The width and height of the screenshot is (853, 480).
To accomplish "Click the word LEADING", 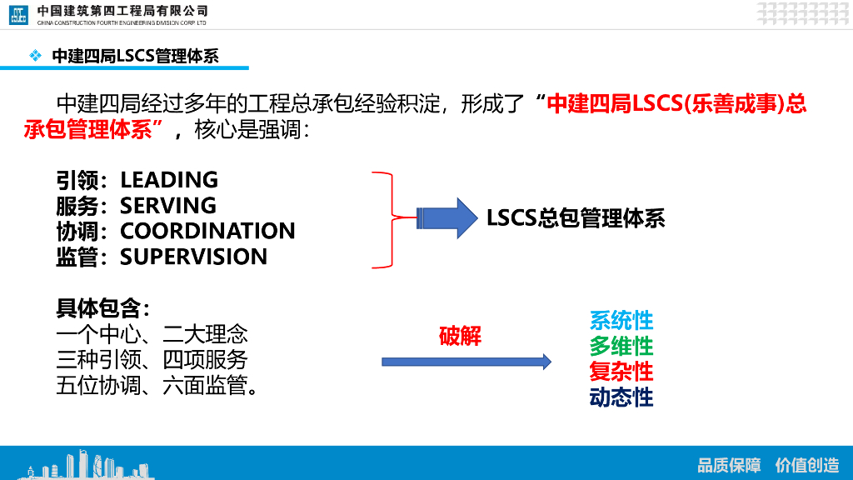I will pos(169,180).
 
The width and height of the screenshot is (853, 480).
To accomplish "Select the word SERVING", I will pos(168,205).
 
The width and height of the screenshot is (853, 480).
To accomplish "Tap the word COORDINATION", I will pos(207,231).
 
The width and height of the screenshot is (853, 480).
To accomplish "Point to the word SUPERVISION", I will pos(194,257).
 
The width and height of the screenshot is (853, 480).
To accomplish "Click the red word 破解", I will pos(460,336).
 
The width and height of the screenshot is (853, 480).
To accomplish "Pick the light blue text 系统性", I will pos(621,320).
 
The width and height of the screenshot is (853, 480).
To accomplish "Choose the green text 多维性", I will pos(621,345).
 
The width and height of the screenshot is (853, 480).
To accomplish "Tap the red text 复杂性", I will pos(621,371).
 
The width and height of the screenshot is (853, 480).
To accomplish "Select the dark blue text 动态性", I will pos(621,397).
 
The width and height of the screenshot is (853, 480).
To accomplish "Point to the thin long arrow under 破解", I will pos(466,362).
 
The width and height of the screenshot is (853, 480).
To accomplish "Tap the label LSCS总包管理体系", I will pos(576,218).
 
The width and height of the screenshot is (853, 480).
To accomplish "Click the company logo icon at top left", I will pos(19,14).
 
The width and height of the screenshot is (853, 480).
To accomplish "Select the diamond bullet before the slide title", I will pos(35,56).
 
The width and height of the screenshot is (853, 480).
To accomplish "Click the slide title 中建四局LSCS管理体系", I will pos(135,56).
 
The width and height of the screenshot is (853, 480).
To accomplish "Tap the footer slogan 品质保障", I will pos(729,465).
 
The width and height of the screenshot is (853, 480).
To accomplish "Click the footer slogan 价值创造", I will pos(806,465).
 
